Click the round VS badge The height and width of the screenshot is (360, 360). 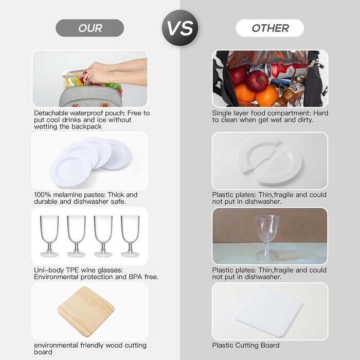click(x=180, y=28)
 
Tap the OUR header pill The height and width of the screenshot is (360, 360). click(x=90, y=28)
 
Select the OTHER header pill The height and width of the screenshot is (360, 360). click(x=270, y=28)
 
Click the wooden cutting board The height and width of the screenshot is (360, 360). click(x=86, y=312)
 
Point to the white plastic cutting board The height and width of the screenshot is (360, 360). click(x=269, y=312)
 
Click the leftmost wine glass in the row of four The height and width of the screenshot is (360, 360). click(x=49, y=236)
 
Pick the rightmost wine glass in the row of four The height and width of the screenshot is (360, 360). click(x=130, y=236)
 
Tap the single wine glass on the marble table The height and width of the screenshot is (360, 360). click(x=267, y=239)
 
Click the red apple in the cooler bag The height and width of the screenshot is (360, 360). click(x=257, y=81)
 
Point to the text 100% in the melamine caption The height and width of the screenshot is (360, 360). click(x=43, y=195)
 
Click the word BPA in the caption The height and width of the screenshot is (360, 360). click(x=135, y=277)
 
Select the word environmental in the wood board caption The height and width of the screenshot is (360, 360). click(x=56, y=345)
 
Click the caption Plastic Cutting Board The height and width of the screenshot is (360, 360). click(x=246, y=345)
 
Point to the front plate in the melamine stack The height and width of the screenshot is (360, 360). click(x=71, y=171)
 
